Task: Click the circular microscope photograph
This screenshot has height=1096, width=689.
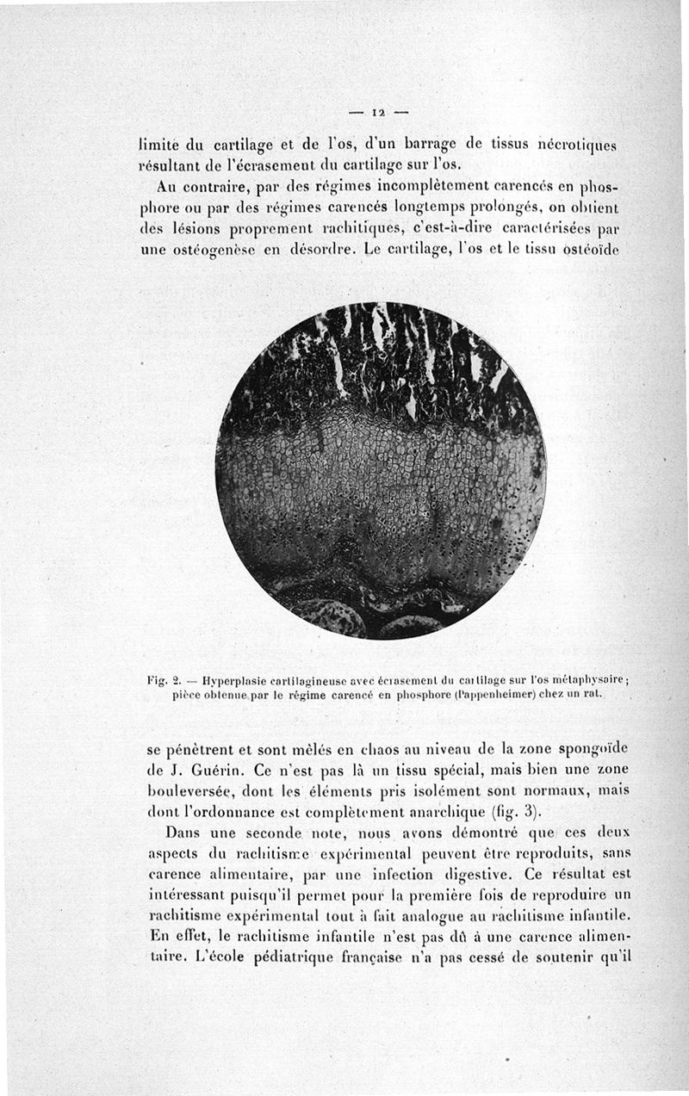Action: point(380,470)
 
